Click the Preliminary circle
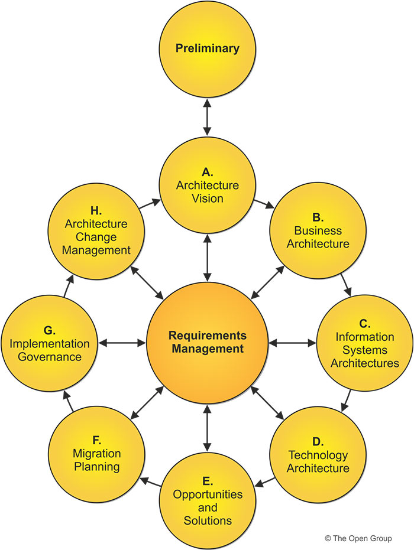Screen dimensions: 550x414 207,48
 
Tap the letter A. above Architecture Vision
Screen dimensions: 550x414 207,172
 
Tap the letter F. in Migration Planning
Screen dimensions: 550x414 96,440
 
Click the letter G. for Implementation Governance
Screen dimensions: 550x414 50,330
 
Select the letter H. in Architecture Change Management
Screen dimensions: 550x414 96,211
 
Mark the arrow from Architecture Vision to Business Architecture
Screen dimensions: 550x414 264,204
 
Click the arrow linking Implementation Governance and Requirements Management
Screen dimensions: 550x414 122,343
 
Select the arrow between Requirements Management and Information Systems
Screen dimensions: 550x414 292,343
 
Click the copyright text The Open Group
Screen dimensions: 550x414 366,538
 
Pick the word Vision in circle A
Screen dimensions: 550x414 207,198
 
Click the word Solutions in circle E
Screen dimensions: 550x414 207,520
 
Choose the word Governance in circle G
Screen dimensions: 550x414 50,357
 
